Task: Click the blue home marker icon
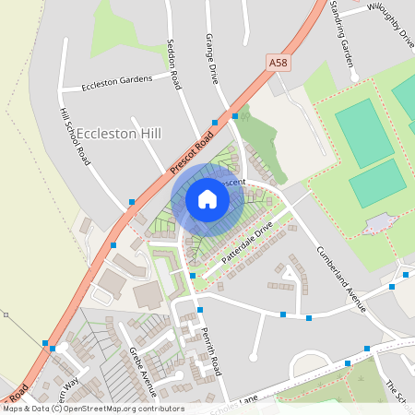(207, 199)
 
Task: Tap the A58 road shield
(278, 62)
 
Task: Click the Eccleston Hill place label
(120, 134)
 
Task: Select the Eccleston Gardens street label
(116, 80)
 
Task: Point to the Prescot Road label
(191, 148)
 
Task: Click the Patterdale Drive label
(247, 242)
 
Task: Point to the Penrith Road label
(213, 352)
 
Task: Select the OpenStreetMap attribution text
(93, 408)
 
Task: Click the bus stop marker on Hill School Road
(132, 202)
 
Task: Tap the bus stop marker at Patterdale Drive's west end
(192, 275)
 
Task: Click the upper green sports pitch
(365, 121)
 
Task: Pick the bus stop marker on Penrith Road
(199, 310)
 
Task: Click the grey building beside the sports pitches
(381, 223)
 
